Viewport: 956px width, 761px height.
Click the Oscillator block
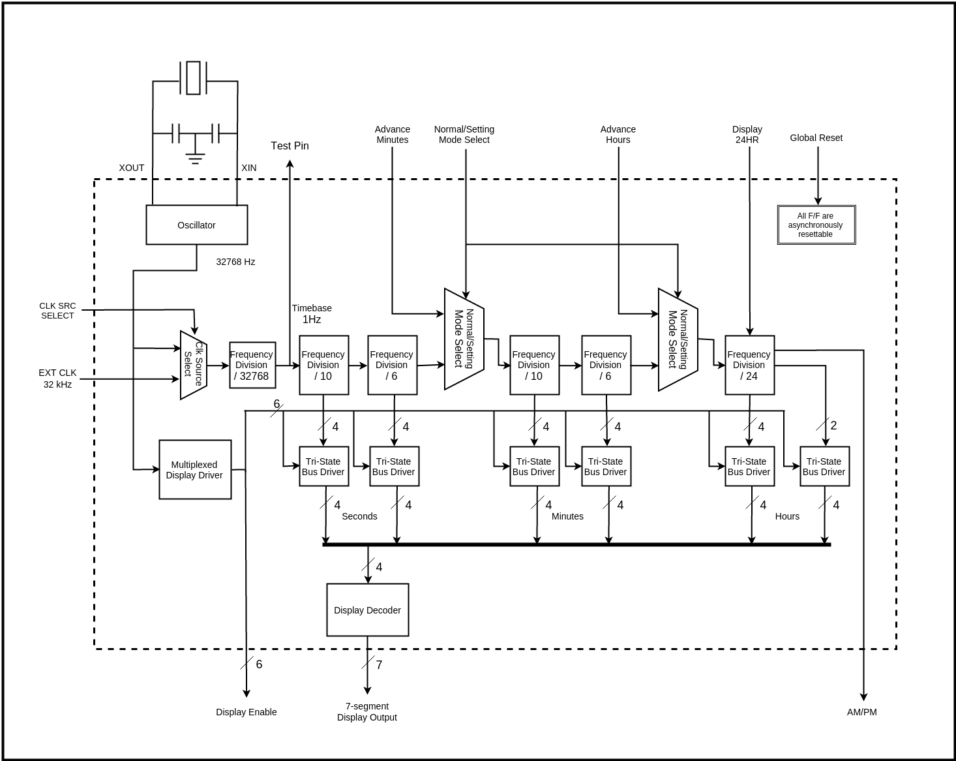point(196,225)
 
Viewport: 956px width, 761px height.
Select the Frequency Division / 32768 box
point(252,365)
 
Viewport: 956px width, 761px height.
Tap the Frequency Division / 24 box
point(749,365)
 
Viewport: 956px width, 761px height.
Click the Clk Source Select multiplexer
point(193,365)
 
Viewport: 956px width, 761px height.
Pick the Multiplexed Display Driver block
point(195,470)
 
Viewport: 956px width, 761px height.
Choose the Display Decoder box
point(367,610)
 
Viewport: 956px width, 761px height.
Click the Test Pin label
point(290,146)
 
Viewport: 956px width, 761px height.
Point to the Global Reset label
point(816,138)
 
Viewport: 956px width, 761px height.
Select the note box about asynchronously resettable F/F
point(816,225)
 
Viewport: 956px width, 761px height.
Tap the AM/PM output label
point(861,712)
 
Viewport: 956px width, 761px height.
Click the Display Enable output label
point(246,712)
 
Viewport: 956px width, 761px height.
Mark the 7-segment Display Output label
point(366,711)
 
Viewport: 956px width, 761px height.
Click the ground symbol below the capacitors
point(195,157)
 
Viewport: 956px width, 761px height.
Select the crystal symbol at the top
point(193,78)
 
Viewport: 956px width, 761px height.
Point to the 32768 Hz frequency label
point(235,262)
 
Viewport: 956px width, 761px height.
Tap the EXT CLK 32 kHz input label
point(57,379)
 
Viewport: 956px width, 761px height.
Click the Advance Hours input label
point(618,134)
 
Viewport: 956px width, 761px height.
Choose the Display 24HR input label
point(747,134)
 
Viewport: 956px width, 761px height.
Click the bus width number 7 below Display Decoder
point(379,665)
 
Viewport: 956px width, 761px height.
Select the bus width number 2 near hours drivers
point(833,426)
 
